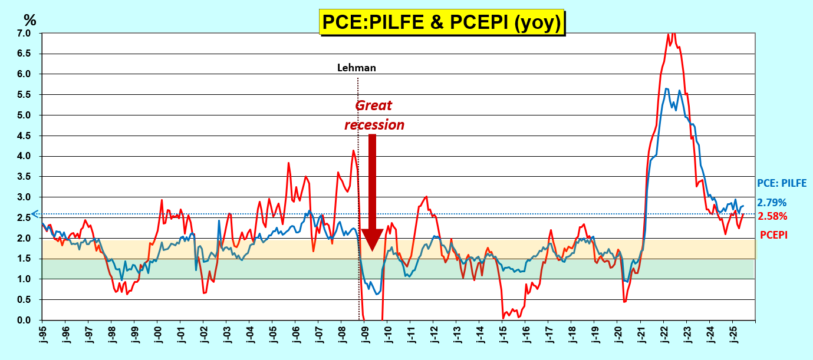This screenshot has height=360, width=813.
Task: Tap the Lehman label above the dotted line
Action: (x=356, y=68)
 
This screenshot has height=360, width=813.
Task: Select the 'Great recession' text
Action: (x=374, y=115)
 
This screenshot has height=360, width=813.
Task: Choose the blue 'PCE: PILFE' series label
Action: (x=781, y=183)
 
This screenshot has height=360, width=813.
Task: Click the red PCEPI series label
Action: (x=773, y=235)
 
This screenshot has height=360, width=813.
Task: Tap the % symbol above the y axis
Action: (x=29, y=20)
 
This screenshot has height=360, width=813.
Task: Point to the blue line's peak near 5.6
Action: (x=666, y=89)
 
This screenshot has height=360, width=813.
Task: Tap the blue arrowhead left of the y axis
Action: (x=35, y=214)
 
